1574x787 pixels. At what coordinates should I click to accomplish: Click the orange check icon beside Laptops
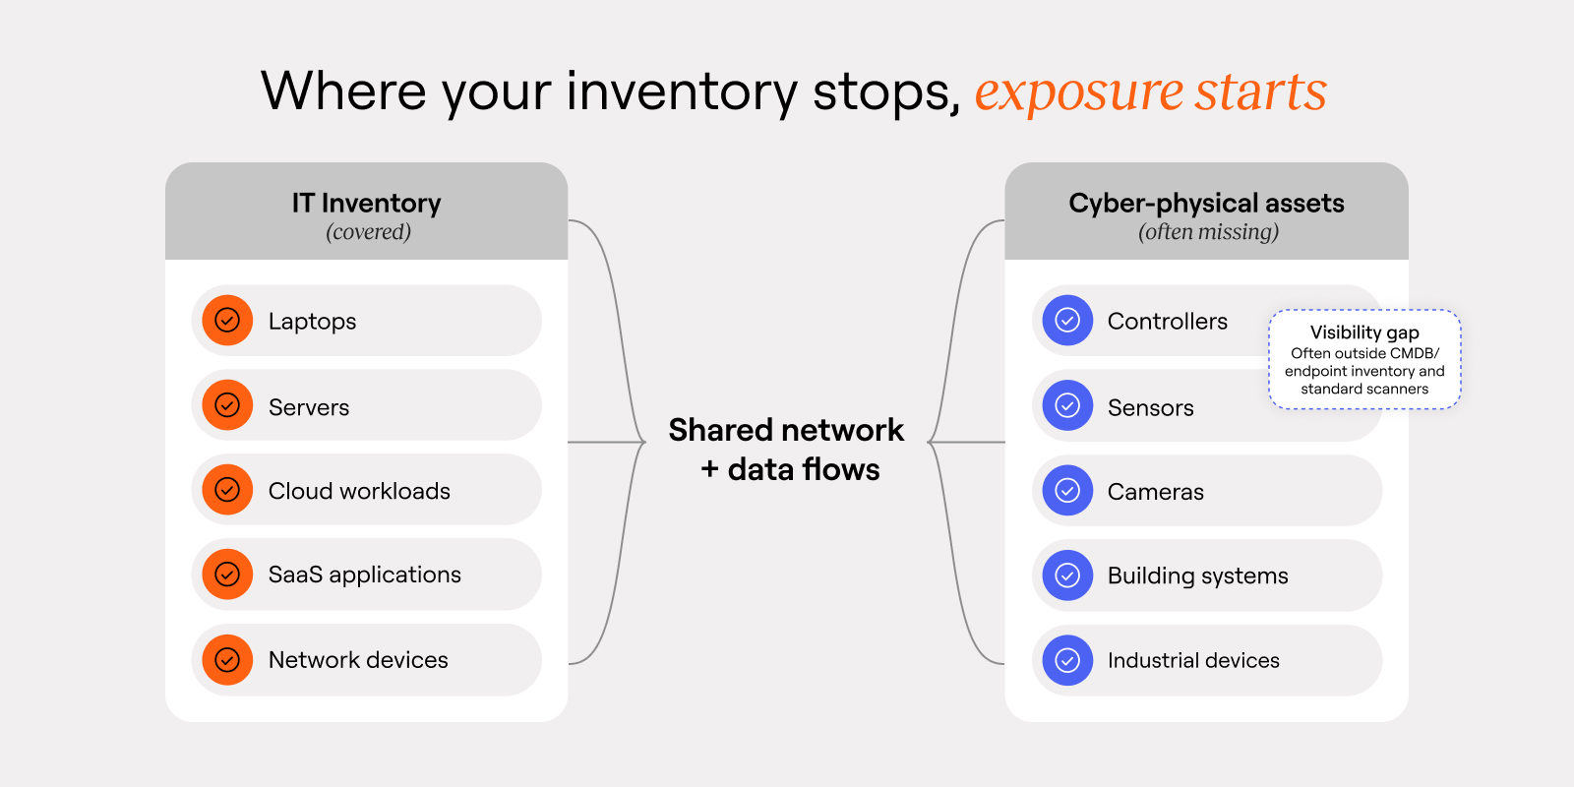point(227,321)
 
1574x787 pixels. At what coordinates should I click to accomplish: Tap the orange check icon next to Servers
point(227,405)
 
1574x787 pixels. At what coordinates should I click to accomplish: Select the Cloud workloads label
point(359,491)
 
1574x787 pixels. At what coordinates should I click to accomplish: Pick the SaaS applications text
point(364,575)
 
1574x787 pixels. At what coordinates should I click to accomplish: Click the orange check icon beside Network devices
point(227,660)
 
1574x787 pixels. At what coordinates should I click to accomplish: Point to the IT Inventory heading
point(366,203)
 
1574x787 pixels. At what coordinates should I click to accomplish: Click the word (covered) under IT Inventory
point(368,232)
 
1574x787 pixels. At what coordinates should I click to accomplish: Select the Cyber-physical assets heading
point(1206,203)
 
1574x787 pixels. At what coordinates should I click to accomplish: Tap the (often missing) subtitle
point(1208,232)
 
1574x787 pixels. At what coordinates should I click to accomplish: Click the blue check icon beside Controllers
point(1067,321)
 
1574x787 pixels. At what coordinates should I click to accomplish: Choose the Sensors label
point(1150,407)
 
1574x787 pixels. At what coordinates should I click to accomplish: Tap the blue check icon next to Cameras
point(1067,491)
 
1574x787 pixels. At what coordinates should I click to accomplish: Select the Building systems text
point(1197,575)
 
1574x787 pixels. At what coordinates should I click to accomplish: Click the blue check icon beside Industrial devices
point(1067,660)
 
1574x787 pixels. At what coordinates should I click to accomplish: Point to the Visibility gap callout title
point(1363,333)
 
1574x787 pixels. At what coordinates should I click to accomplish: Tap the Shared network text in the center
point(786,430)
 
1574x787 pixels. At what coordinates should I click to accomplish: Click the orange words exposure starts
point(1150,91)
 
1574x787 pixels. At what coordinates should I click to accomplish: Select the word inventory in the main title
point(681,91)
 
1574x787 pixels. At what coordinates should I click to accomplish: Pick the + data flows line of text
point(790,469)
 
